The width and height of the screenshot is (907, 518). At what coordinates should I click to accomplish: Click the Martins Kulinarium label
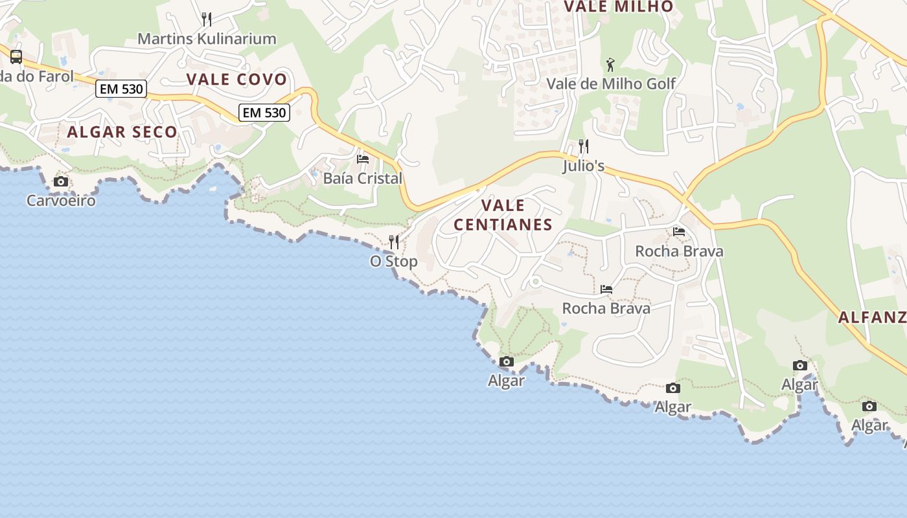(x=207, y=39)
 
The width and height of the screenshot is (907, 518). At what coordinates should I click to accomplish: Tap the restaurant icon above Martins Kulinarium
(x=207, y=19)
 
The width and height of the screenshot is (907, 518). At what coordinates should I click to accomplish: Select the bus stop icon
(x=16, y=57)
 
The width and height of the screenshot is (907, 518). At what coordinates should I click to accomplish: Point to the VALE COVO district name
(x=236, y=80)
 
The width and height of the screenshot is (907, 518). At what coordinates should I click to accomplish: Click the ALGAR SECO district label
(x=122, y=132)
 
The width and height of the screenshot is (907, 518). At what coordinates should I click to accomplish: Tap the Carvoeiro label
(x=61, y=201)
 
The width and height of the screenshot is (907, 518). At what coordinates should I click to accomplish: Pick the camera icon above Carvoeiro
(x=61, y=182)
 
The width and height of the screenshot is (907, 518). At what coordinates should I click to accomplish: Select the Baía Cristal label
(x=363, y=179)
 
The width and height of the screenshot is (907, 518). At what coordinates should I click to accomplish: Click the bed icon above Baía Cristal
(x=363, y=159)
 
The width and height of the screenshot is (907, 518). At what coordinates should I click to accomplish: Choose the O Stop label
(x=394, y=262)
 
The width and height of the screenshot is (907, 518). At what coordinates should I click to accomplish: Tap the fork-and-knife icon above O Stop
(x=394, y=242)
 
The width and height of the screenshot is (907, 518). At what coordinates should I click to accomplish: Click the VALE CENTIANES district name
(x=503, y=215)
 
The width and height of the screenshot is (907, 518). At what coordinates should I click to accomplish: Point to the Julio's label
(x=584, y=166)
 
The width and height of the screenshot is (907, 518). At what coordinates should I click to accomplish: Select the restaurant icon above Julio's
(x=584, y=146)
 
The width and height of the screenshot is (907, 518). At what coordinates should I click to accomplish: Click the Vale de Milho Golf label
(x=611, y=84)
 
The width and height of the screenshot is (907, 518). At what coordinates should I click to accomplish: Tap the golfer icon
(x=610, y=64)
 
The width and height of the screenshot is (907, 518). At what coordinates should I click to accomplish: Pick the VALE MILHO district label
(x=619, y=7)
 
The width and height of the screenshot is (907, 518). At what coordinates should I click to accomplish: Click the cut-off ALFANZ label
(x=872, y=317)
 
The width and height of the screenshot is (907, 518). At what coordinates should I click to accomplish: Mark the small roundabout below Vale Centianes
(x=535, y=282)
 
